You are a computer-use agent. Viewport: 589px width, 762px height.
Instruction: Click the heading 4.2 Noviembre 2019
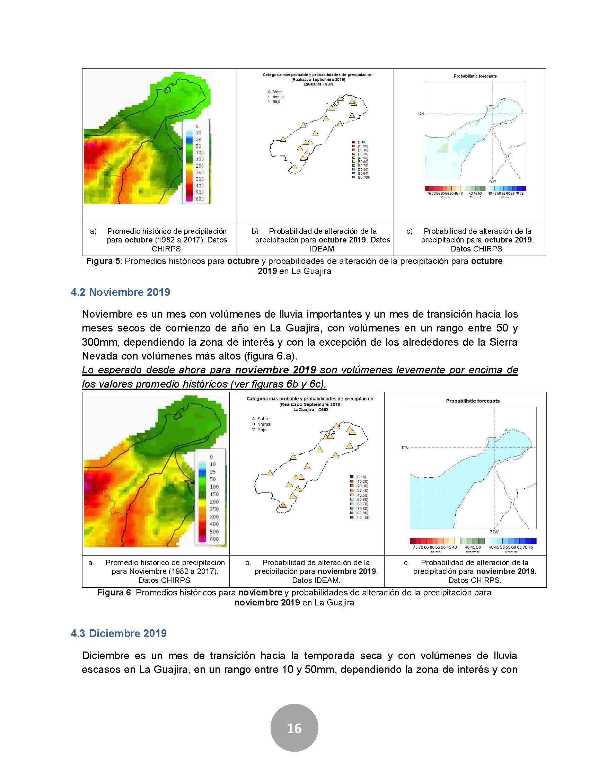(x=120, y=292)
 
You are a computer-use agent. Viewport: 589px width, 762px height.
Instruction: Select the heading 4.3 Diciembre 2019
(x=118, y=633)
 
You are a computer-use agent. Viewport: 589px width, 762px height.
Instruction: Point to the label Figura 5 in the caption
(x=103, y=261)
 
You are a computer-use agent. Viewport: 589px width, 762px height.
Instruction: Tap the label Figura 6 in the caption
(x=114, y=592)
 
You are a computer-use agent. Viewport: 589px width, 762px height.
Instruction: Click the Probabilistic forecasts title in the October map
(x=475, y=76)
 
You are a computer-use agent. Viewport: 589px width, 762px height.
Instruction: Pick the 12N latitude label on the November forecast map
(x=404, y=448)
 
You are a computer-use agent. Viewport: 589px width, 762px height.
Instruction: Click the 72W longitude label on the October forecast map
(x=492, y=181)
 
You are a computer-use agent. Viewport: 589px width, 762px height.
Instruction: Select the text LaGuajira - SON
(x=317, y=85)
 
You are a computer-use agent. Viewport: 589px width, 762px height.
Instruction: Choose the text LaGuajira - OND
(x=310, y=410)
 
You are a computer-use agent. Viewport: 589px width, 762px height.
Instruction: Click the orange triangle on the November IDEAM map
(x=283, y=505)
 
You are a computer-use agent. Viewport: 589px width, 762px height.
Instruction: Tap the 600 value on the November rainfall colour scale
(x=214, y=539)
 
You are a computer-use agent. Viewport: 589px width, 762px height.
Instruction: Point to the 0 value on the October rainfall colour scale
(x=197, y=126)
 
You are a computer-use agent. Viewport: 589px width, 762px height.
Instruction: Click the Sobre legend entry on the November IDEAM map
(x=263, y=418)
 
